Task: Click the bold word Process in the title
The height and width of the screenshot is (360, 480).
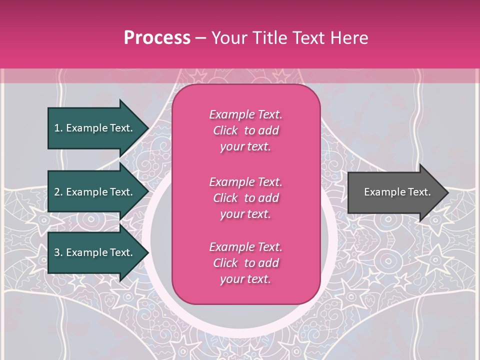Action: click(157, 38)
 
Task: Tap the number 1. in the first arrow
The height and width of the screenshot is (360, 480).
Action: click(58, 128)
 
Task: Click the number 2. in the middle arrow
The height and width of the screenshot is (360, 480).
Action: click(58, 192)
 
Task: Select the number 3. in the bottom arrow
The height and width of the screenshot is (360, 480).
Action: click(58, 252)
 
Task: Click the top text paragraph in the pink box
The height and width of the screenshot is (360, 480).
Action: click(245, 130)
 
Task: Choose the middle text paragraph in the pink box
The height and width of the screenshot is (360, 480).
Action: click(245, 198)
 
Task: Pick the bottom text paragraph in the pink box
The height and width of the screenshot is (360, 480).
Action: click(245, 263)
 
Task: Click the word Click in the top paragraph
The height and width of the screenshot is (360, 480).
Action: click(225, 130)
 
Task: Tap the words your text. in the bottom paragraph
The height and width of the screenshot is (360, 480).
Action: click(245, 279)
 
